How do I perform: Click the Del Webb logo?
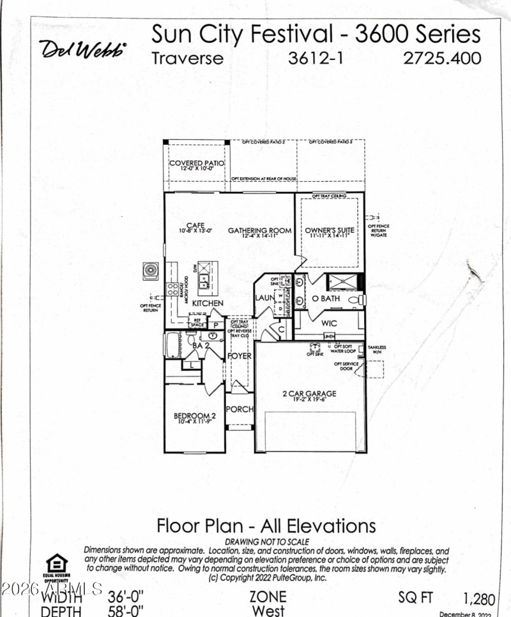click(x=84, y=49)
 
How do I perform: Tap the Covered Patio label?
click(x=197, y=163)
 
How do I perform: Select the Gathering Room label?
click(x=260, y=230)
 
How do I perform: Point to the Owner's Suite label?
click(x=329, y=230)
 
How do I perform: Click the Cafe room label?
click(x=195, y=225)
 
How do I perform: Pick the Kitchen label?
click(x=208, y=303)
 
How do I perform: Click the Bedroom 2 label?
click(x=195, y=417)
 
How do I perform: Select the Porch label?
click(x=240, y=409)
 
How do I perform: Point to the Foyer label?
click(x=240, y=356)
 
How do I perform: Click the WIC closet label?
click(x=329, y=323)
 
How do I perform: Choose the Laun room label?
click(x=264, y=297)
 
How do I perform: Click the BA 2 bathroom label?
click(x=202, y=345)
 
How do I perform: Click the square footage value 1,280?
click(x=479, y=598)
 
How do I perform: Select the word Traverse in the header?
click(x=188, y=58)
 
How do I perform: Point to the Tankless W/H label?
click(x=377, y=350)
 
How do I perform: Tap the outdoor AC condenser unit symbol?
click(x=152, y=271)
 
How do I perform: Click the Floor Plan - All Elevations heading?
click(x=266, y=526)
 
